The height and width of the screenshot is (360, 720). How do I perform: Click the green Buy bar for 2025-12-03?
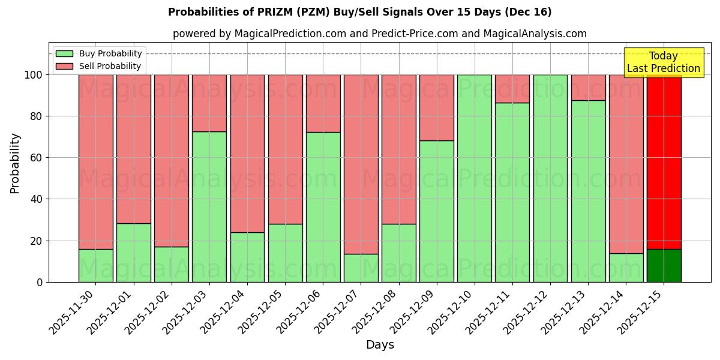pyautogui.click(x=209, y=207)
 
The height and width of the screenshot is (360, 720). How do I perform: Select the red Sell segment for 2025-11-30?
pyautogui.click(x=96, y=162)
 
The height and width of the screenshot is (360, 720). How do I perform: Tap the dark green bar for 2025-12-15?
pyautogui.click(x=664, y=265)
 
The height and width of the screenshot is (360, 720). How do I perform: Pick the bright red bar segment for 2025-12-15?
pyautogui.click(x=664, y=162)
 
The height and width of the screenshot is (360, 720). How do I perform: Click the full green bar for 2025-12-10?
pyautogui.click(x=475, y=178)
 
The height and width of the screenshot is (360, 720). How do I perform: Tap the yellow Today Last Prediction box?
pyautogui.click(x=664, y=62)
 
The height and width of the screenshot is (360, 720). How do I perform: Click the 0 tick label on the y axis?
pyautogui.click(x=40, y=282)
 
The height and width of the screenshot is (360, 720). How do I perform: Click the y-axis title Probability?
pyautogui.click(x=15, y=163)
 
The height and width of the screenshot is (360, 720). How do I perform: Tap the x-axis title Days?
pyautogui.click(x=380, y=345)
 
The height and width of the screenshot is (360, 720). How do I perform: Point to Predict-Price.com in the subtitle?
pyautogui.click(x=413, y=34)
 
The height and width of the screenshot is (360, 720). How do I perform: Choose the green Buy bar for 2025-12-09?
pyautogui.click(x=437, y=211)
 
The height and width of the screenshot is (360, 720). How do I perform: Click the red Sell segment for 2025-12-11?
pyautogui.click(x=512, y=89)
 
